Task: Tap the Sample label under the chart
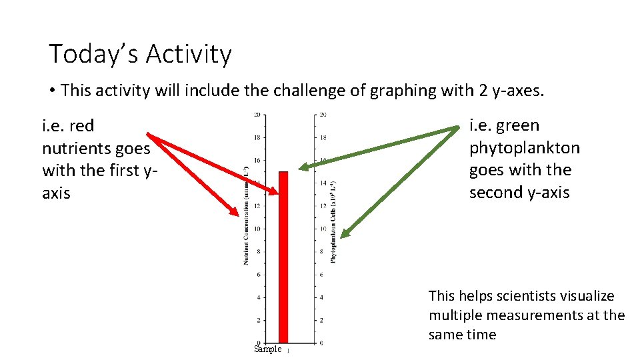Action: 268,349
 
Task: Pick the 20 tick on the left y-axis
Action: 257,115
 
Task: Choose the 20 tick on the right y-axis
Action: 323,115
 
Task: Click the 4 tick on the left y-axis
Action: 258,297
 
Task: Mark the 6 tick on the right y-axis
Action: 321,275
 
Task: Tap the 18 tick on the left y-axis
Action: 257,137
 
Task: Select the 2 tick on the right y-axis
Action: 321,320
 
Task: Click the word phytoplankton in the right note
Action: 524,148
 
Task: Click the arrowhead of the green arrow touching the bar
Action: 302,167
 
